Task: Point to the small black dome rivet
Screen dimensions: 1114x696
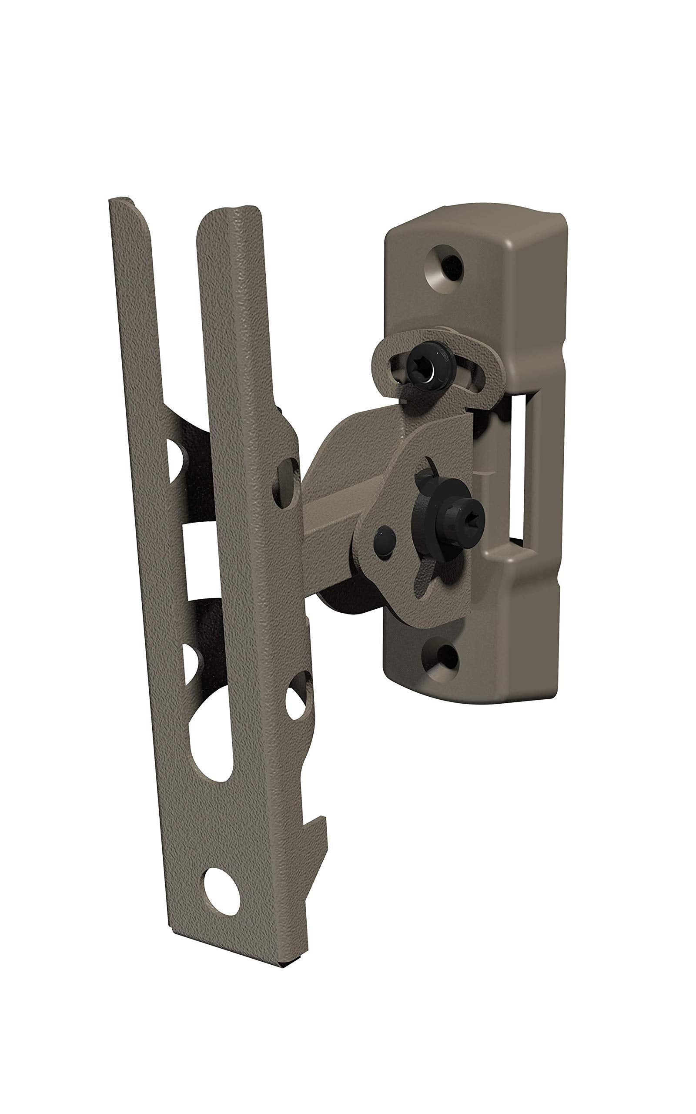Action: (384, 538)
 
